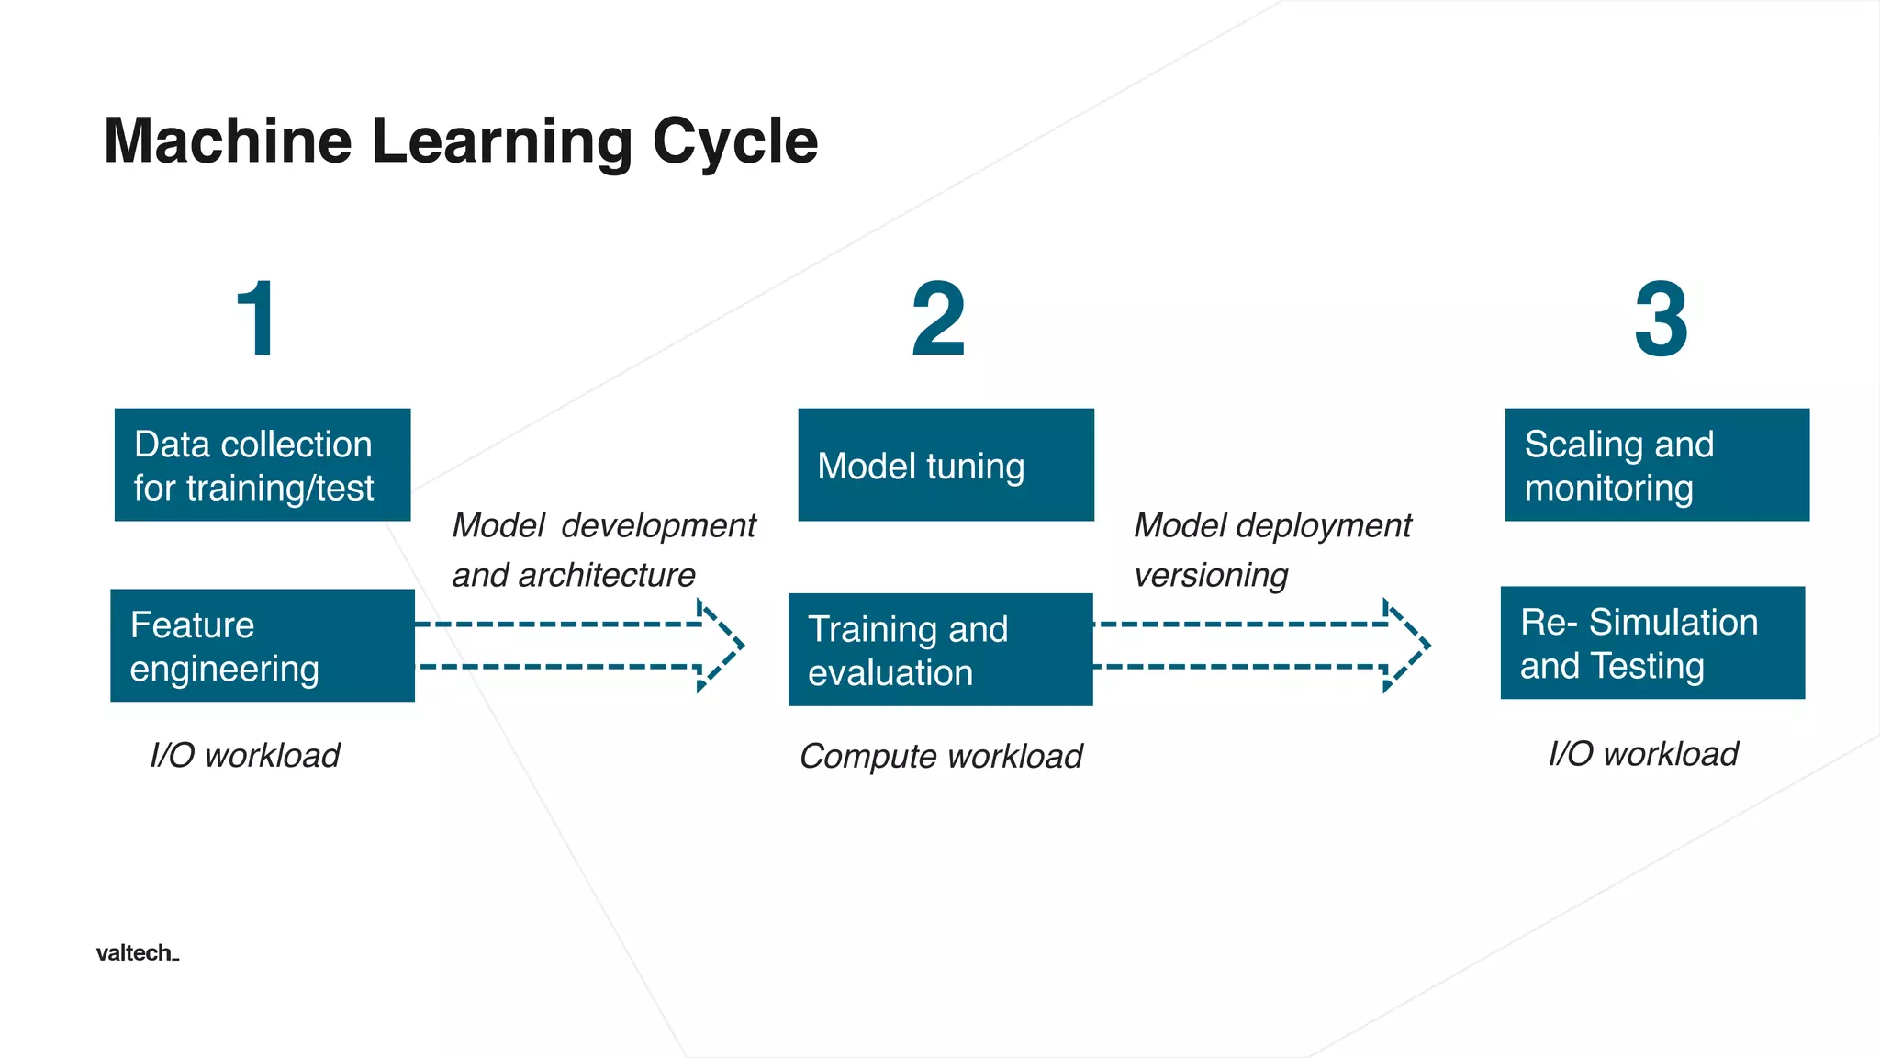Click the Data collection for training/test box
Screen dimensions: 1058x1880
click(x=262, y=465)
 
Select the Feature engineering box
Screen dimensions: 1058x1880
click(x=262, y=646)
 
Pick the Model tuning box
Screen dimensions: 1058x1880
click(x=946, y=465)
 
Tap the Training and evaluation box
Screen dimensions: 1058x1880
click(x=940, y=649)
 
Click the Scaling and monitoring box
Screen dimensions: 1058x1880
click(x=1657, y=465)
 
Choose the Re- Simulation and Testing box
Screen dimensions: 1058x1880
click(x=1652, y=643)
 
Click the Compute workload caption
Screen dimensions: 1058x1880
click(x=941, y=757)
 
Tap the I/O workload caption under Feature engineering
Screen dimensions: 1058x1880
click(x=245, y=756)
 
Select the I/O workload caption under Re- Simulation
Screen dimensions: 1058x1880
click(x=1643, y=754)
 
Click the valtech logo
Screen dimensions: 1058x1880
click(x=137, y=952)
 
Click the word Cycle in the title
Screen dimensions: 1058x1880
click(x=734, y=142)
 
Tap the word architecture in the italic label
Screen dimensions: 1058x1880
click(x=606, y=576)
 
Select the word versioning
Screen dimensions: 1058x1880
click(x=1211, y=576)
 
